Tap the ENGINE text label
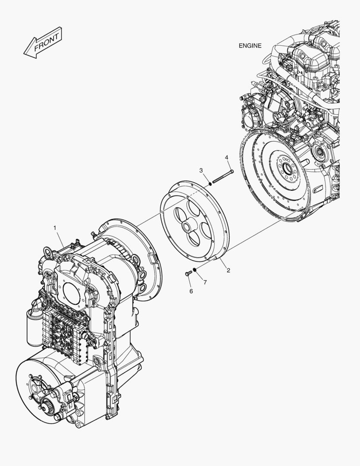[250, 46]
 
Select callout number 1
[55, 227]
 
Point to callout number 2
[228, 271]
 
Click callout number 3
[201, 171]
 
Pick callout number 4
[226, 158]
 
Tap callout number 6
[191, 291]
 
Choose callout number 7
[205, 282]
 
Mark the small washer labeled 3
[210, 184]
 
